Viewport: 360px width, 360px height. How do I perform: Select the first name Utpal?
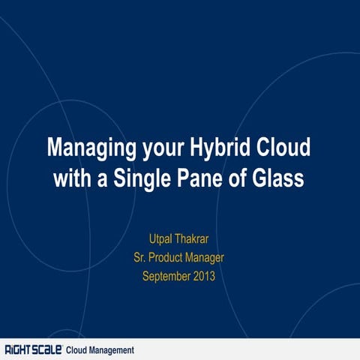pos(163,241)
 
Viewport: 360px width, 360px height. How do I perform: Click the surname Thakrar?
pos(199,241)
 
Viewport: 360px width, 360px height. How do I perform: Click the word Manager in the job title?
pos(205,258)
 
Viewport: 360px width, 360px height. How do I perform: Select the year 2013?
pos(205,275)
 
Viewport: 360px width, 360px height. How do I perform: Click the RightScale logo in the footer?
pos(33,350)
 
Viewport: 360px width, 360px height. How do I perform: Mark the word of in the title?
pos(235,180)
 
